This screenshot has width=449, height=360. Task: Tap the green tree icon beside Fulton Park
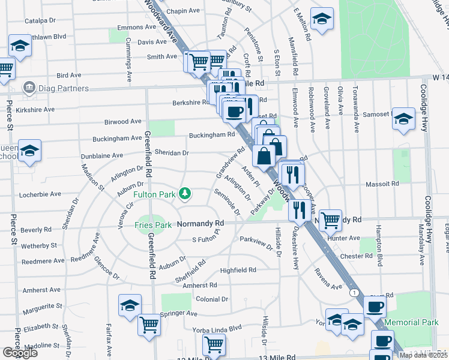[186, 193]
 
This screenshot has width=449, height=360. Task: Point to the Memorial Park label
[411, 322]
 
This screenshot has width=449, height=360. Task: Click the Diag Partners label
[63, 89]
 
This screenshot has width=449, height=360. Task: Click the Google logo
[20, 353]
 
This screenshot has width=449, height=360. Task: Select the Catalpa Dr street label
[40, 20]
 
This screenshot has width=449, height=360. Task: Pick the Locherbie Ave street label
[41, 194]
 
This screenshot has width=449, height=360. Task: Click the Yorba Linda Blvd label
[217, 328]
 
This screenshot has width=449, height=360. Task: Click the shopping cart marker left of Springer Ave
[149, 325]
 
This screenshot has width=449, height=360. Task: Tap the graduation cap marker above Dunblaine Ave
[29, 151]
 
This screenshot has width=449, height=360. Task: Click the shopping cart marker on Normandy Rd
[330, 220]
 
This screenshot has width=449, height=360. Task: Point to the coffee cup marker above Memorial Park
[375, 306]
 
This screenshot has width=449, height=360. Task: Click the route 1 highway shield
[355, 292]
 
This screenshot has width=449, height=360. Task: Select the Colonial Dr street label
[212, 299]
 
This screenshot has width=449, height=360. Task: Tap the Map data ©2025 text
[423, 355]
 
